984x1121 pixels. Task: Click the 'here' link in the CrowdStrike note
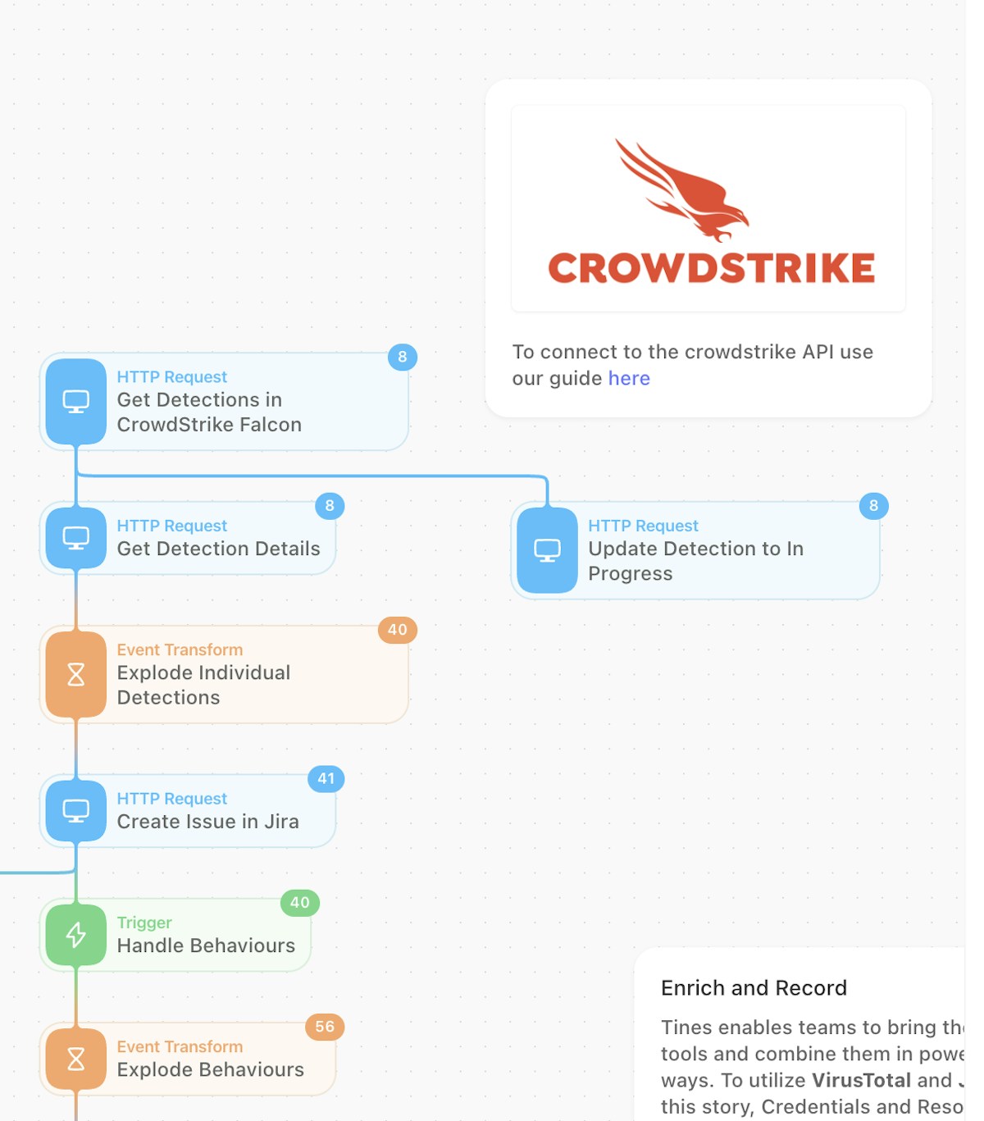[x=629, y=378]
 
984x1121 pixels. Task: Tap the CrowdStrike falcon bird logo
[x=682, y=191]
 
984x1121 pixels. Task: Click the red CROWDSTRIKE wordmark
[x=711, y=268]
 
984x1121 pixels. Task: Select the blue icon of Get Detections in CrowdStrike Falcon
[x=76, y=401]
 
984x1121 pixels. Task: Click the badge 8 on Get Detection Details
[x=330, y=506]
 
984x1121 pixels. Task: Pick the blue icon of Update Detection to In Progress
[x=547, y=550]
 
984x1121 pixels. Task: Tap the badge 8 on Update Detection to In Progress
[x=873, y=506]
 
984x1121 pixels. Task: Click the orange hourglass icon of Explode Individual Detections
[x=76, y=674]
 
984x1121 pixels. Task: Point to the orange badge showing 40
[x=398, y=630]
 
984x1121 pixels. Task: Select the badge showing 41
[x=326, y=779]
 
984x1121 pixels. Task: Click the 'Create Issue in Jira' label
[x=208, y=822]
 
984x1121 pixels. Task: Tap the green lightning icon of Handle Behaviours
[x=76, y=935]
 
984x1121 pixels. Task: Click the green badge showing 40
[x=300, y=903]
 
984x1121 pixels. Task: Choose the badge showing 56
[x=325, y=1027]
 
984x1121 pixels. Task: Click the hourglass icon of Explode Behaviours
[x=76, y=1059]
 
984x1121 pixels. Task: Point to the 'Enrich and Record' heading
[x=754, y=988]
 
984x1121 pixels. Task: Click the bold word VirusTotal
[x=861, y=1080]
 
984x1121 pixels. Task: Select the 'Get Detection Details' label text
[x=219, y=549]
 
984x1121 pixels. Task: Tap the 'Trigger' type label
[x=144, y=923]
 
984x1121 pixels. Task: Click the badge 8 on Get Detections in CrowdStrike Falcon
[x=403, y=357]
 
